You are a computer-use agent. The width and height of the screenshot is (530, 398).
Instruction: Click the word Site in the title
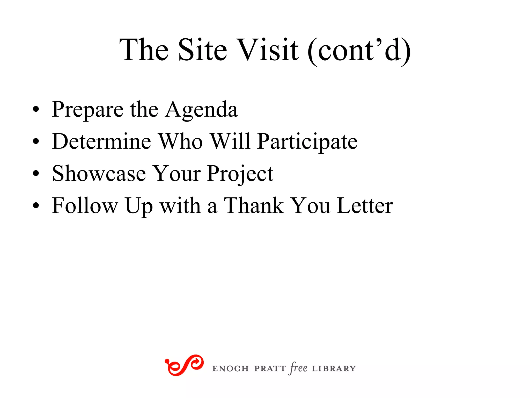tap(202, 50)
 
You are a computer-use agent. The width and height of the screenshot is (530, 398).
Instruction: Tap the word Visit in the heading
tap(268, 50)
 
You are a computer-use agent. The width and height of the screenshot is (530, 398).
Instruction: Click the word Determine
tap(101, 141)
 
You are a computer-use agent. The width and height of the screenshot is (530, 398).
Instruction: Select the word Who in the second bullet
tap(180, 141)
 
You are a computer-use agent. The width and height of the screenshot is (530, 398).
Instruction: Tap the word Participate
tap(307, 142)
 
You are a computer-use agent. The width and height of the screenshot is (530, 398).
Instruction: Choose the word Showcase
tap(99, 174)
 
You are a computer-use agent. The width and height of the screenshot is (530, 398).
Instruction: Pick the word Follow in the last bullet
tap(85, 205)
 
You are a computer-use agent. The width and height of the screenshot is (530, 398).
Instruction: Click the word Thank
tap(254, 205)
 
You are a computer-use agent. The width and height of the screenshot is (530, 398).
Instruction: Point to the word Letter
tap(365, 205)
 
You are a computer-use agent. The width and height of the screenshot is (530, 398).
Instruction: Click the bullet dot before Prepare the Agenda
tap(36, 109)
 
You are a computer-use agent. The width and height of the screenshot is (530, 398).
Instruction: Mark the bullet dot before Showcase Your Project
tap(36, 173)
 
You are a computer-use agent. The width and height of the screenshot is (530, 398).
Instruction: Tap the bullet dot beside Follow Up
tap(36, 205)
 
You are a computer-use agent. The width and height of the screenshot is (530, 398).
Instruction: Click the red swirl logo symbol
tap(184, 365)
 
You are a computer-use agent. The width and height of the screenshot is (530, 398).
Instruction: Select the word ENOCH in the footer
tap(230, 368)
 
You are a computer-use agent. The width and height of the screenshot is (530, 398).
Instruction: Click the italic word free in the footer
tap(299, 368)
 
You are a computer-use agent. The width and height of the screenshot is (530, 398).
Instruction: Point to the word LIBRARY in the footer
tap(334, 368)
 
